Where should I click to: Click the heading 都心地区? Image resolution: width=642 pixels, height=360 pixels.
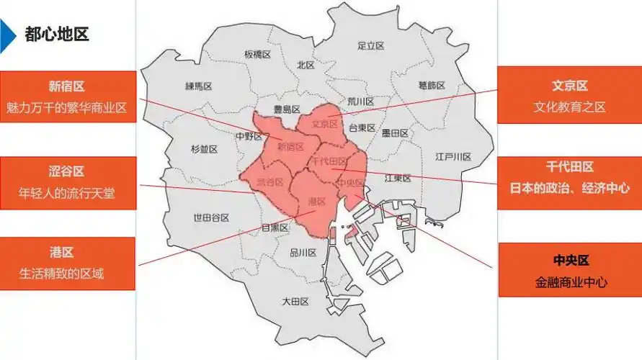[56, 34]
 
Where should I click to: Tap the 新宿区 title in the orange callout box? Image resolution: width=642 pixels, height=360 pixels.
[67, 86]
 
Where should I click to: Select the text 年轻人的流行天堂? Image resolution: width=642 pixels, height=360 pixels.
[67, 193]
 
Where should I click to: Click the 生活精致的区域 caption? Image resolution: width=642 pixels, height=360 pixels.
[67, 274]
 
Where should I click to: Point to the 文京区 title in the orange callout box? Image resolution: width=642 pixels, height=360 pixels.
[569, 86]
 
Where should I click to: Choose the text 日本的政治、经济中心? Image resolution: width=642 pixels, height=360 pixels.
[569, 188]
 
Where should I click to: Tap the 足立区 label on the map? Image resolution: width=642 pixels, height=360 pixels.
[370, 45]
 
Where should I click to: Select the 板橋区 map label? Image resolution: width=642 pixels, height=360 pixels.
[257, 54]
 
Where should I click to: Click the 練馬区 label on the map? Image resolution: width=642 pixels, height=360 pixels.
[198, 86]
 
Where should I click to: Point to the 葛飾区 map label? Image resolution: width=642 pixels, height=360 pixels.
[432, 85]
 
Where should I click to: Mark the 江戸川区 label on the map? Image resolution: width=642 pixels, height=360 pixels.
[453, 156]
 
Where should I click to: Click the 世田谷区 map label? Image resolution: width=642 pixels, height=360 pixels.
[211, 217]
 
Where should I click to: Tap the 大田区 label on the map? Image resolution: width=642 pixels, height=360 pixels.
[295, 301]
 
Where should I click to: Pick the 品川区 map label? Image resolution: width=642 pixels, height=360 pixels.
[303, 253]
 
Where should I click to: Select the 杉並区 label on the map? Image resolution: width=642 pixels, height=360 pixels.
[204, 149]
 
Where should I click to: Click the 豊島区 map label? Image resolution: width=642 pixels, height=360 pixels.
[286, 109]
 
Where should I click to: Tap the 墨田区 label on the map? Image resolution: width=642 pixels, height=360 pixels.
[395, 133]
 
